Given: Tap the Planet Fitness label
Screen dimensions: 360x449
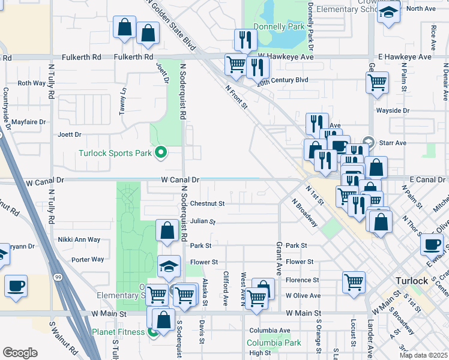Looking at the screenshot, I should [118, 331].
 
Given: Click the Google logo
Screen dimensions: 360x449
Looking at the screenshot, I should [20, 353].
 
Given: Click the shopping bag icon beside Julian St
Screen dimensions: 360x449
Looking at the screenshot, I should [166, 230].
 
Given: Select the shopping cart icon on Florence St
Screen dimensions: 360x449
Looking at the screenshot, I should [354, 281].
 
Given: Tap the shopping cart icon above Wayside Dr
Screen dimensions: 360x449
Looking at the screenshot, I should [377, 82].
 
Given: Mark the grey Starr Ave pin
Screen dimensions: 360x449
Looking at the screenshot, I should [369, 142].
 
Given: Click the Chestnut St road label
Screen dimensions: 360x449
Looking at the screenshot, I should [207, 204].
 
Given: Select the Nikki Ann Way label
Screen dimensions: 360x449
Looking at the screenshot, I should [79, 239].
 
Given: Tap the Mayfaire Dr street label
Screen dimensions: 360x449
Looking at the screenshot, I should [24, 122].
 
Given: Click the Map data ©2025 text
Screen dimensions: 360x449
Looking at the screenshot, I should [423, 355].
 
